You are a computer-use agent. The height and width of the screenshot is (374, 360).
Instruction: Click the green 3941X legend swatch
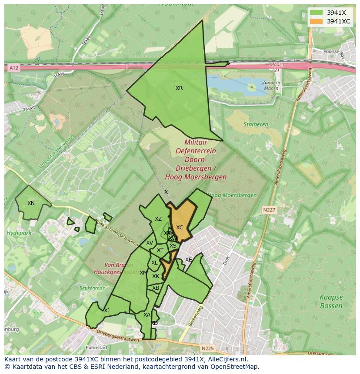click(x=317, y=12)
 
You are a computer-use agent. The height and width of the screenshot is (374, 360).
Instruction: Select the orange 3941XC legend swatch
click(x=317, y=21)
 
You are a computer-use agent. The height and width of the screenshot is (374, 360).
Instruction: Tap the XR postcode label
click(x=179, y=88)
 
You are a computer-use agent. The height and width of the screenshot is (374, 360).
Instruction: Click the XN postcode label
click(x=31, y=203)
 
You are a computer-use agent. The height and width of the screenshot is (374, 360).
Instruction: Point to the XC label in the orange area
click(x=180, y=228)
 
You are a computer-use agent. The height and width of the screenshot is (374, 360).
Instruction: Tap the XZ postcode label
click(x=158, y=219)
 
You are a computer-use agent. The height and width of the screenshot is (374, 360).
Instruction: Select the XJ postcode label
click(x=107, y=310)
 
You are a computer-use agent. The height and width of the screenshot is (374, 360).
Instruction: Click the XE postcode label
click(x=189, y=260)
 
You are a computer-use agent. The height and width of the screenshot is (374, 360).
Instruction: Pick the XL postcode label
click(x=154, y=263)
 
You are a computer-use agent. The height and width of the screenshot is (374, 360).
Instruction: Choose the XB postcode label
click(x=156, y=288)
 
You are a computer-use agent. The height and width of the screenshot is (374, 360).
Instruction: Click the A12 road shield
click(x=13, y=68)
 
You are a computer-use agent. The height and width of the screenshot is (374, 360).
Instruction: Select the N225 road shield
click(x=207, y=348)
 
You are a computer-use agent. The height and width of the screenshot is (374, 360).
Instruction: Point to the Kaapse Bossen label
click(x=331, y=301)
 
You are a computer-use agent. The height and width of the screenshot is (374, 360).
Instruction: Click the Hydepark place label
click(x=16, y=233)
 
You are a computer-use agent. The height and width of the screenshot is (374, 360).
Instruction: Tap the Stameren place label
click(x=256, y=124)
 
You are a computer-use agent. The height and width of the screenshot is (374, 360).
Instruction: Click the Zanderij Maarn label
click(x=272, y=84)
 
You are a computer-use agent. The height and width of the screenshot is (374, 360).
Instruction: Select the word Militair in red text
click(x=196, y=142)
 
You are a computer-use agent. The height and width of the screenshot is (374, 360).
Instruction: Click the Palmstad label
click(x=96, y=348)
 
